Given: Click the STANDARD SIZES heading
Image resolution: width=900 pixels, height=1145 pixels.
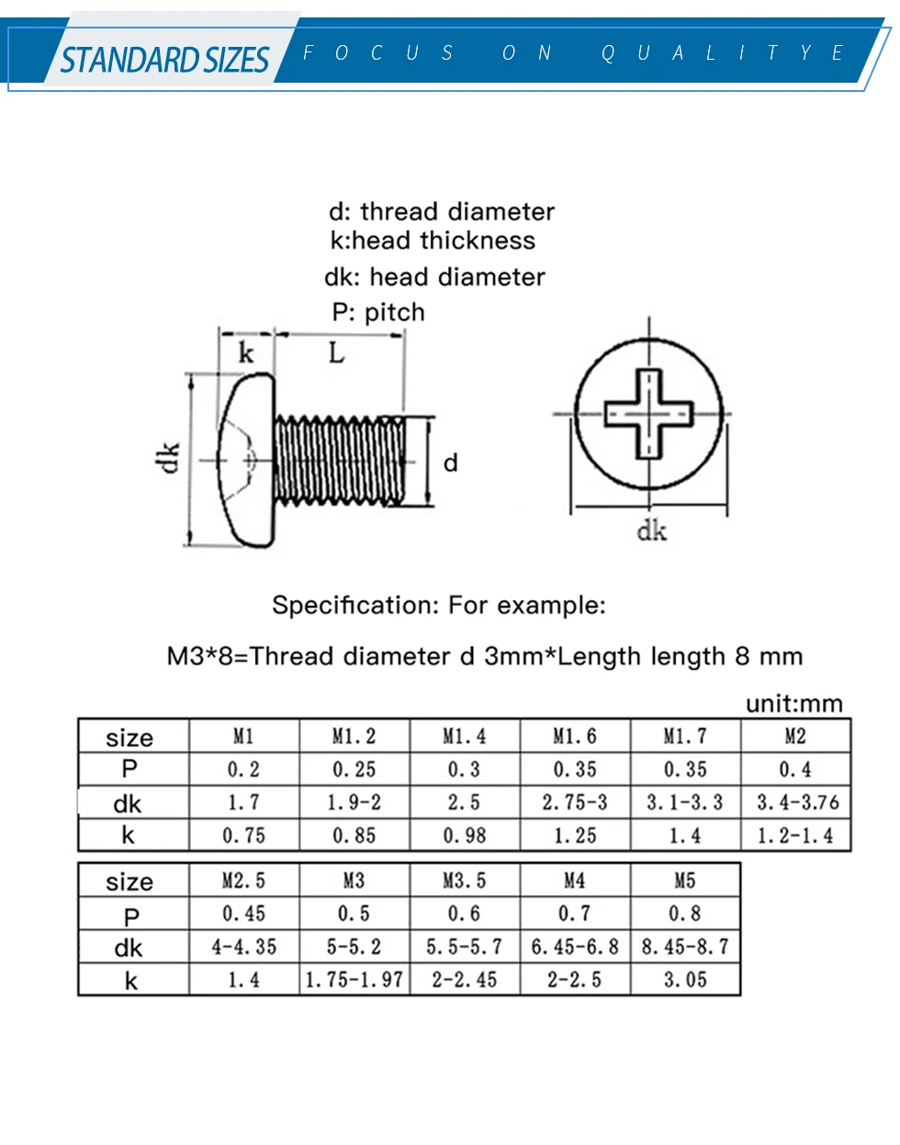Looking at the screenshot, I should [x=164, y=61].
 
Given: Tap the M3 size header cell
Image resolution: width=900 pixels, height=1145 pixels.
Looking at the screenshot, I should [x=354, y=880].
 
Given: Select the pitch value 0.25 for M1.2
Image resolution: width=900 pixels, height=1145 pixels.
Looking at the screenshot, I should [x=354, y=769].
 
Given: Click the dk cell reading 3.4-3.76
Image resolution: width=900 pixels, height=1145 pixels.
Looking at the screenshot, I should [x=797, y=802].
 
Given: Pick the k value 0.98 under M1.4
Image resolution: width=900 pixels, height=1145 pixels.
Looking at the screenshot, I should [x=464, y=835].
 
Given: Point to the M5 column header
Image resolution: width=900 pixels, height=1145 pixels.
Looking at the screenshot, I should [x=685, y=880].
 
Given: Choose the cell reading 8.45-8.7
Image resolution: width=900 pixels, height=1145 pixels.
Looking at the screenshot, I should [x=685, y=947].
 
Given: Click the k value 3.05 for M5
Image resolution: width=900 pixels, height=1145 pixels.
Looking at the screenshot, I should [x=685, y=980].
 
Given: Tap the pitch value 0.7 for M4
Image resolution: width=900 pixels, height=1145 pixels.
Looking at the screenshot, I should [x=574, y=913].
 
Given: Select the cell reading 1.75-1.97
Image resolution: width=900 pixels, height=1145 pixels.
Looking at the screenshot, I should [x=354, y=980].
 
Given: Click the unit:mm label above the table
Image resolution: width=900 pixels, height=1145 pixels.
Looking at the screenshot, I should [x=793, y=704].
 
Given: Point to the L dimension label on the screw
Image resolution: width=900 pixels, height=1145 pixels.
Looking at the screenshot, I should [x=337, y=354].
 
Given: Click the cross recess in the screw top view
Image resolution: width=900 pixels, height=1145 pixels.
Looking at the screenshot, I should [x=648, y=414].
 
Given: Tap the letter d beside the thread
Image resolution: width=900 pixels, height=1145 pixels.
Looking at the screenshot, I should [x=450, y=462].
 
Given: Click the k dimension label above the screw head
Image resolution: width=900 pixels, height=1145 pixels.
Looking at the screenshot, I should [x=245, y=353].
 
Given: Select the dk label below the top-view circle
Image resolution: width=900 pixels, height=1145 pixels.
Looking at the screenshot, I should [x=651, y=530].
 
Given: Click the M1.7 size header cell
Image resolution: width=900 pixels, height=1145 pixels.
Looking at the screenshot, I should [x=685, y=736].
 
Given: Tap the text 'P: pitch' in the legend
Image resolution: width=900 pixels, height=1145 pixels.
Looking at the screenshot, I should [x=378, y=312].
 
